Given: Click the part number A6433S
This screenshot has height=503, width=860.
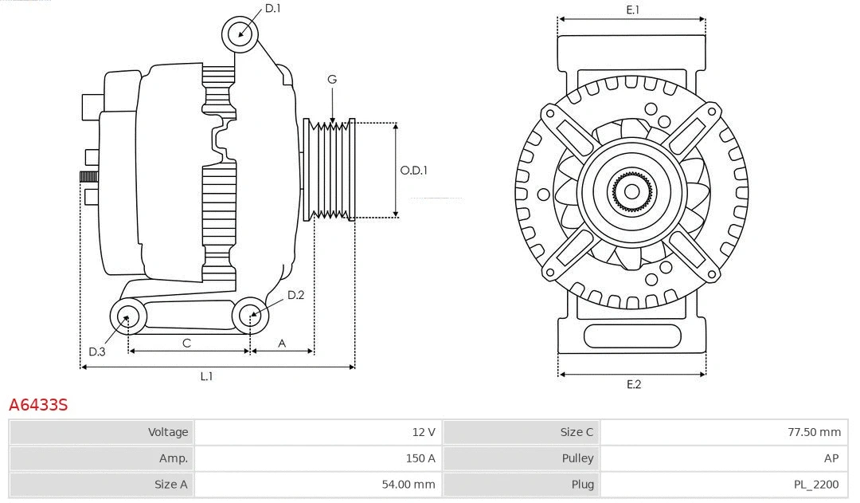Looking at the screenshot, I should click(38, 405).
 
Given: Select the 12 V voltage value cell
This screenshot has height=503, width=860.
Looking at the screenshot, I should click(319, 432).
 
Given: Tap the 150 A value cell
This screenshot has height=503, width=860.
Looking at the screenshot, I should click(319, 458).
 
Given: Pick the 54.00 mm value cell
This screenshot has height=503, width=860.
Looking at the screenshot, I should click(319, 484).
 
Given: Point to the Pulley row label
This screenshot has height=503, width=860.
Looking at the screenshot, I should click(522, 458).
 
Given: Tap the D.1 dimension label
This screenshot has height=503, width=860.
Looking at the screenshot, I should click(272, 9).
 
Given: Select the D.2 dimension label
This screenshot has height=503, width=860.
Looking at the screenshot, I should click(295, 295).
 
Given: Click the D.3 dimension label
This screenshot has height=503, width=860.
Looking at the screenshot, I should click(96, 352).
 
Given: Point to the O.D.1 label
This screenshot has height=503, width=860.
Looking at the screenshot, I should click(413, 170).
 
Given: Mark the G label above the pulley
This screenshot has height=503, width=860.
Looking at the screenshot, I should click(332, 79).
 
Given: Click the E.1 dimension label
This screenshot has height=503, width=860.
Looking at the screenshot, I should click(633, 10).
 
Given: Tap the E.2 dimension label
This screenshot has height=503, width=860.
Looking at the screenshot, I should click(633, 384).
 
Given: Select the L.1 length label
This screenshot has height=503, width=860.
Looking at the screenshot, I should click(206, 376).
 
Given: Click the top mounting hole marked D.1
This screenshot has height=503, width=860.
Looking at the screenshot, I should click(240, 34).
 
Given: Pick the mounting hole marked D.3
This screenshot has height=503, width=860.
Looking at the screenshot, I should click(127, 317).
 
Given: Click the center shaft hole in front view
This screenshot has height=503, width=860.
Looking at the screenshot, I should click(631, 191).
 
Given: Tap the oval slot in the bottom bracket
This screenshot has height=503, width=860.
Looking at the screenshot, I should click(632, 336).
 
